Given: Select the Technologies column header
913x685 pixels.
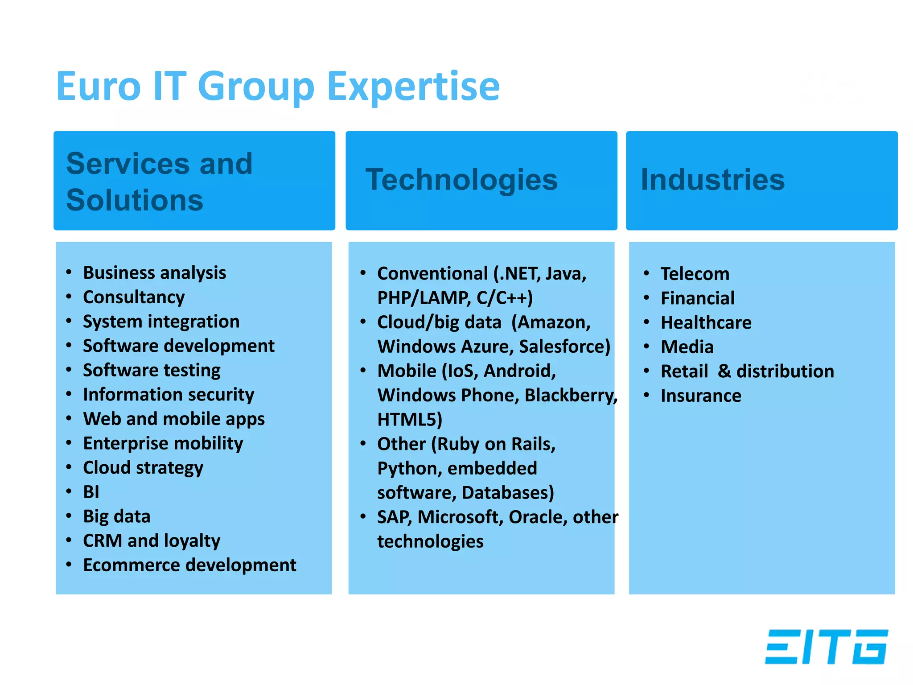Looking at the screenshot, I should tap(461, 180).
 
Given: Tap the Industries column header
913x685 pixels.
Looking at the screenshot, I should tap(712, 180).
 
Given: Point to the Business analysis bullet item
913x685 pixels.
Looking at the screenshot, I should tap(154, 272).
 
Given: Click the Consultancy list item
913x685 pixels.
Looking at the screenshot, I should tap(134, 297).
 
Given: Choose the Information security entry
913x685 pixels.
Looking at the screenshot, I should tap(169, 394).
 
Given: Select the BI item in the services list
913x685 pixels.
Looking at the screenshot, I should tap(91, 492).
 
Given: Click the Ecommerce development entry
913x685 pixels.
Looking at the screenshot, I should tap(189, 565).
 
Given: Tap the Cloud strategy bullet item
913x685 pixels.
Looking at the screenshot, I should tap(143, 467).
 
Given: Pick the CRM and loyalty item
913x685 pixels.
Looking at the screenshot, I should tap(152, 541).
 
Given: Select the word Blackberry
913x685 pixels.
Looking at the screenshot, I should tap(570, 395).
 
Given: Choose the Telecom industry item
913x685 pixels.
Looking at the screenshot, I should tap(695, 274).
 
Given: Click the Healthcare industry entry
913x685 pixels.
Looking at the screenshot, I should tap(706, 322).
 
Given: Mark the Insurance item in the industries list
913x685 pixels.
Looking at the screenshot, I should tap(701, 396).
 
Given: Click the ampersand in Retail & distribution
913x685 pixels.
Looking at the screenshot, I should tap(724, 371).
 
